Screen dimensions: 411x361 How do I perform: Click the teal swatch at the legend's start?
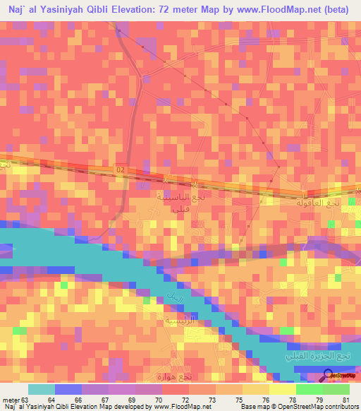click(x=42, y=389)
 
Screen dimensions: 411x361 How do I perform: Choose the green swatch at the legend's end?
click(x=336, y=389)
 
